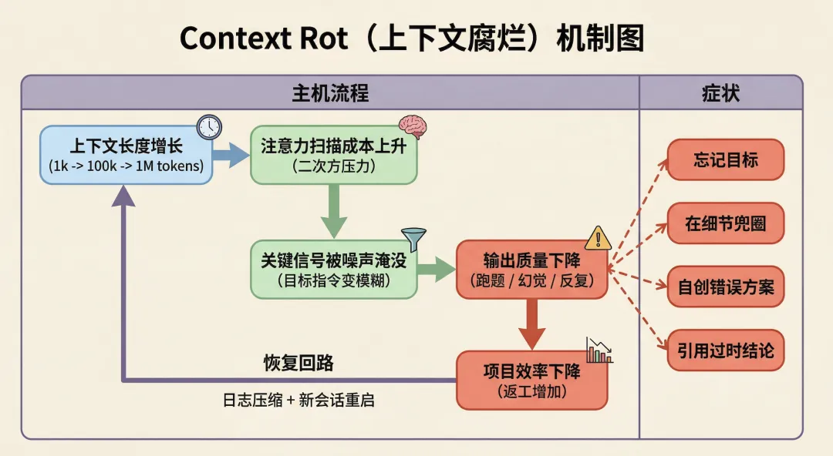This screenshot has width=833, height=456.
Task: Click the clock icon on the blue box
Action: tap(208, 126)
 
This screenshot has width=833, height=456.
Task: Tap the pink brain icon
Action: tap(413, 127)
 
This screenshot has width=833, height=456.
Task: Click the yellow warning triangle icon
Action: tap(598, 238)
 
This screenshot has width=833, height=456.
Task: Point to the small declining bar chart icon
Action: tap(599, 350)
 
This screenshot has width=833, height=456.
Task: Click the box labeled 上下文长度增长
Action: tap(126, 156)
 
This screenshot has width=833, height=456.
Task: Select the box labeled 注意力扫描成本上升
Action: tap(333, 156)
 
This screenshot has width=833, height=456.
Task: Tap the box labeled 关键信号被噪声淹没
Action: tap(333, 270)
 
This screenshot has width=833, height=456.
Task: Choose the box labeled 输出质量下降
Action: tap(532, 270)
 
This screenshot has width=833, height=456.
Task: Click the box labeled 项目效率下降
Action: tap(532, 381)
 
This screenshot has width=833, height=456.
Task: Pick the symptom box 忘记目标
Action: tap(725, 160)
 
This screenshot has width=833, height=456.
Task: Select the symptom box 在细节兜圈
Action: tap(725, 224)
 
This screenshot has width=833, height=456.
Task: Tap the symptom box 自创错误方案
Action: tap(725, 288)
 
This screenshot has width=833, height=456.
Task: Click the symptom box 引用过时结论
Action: tap(725, 352)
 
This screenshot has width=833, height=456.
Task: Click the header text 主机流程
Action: tap(330, 94)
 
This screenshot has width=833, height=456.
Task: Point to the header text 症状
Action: tap(720, 94)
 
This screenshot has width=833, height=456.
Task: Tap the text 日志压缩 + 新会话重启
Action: tap(298, 401)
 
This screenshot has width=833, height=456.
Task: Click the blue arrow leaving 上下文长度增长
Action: tap(230, 154)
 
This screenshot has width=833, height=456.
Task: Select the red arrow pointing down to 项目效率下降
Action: tap(531, 324)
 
